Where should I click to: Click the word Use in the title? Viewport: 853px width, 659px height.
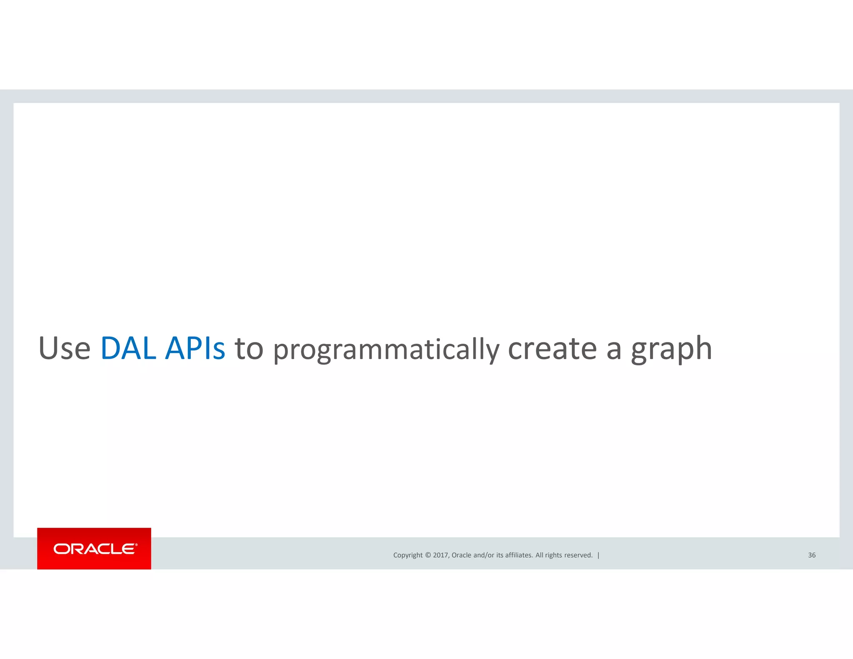(65, 348)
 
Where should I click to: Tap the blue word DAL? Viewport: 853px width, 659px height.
(129, 348)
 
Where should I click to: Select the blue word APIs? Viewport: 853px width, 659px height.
(195, 348)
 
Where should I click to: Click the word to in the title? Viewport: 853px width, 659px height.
(249, 348)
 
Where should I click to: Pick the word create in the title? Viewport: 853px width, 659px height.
(552, 348)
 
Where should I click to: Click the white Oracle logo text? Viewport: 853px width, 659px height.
(94, 549)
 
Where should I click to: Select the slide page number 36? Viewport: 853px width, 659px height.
(812, 555)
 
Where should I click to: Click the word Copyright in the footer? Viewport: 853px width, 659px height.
(408, 555)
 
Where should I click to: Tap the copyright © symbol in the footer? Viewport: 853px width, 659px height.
(428, 555)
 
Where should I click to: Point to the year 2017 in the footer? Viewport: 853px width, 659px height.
(440, 555)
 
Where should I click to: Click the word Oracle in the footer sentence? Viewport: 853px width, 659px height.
(461, 555)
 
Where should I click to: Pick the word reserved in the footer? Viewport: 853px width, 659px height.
(578, 555)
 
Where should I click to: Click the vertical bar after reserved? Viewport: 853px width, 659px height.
(599, 555)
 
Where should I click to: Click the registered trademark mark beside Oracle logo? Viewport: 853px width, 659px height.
(136, 544)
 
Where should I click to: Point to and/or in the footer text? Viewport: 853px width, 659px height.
(484, 555)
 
